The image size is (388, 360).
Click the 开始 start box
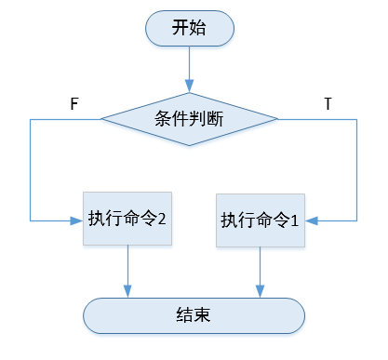(189, 28)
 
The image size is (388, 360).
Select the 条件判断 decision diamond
(189, 118)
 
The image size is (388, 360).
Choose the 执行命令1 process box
(260, 220)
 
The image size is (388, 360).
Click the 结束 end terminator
(194, 314)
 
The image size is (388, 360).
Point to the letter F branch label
(74, 102)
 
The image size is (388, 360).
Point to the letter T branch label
(328, 103)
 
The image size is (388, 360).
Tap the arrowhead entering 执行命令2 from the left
(77, 220)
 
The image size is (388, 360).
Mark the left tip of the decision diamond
(100, 118)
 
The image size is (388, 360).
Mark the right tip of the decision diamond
(278, 118)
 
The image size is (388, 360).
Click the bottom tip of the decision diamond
(189, 146)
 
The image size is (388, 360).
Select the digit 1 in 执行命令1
(295, 221)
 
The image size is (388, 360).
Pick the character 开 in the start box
(180, 28)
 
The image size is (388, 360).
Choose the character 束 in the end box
(203, 314)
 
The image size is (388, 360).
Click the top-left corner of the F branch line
(30, 118)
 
